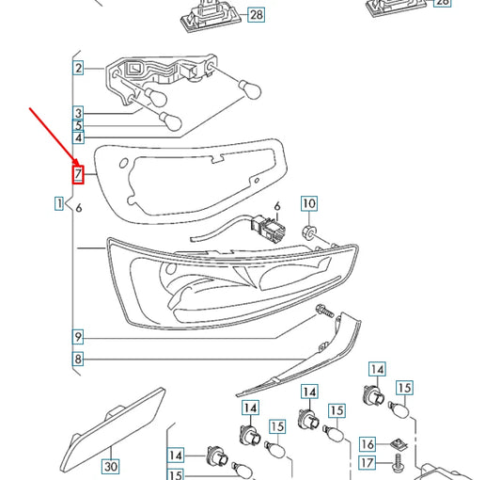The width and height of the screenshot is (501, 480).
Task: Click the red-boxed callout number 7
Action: point(79,173)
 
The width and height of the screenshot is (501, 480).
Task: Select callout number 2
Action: point(78,68)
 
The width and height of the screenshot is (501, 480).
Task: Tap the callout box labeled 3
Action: point(79,112)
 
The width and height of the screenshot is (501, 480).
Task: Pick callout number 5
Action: point(79,125)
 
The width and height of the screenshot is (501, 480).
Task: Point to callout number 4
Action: point(79,138)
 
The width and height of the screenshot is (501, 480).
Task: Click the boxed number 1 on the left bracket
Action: point(59,203)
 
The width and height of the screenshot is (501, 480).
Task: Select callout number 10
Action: point(309,203)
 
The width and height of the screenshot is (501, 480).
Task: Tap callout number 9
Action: point(79,336)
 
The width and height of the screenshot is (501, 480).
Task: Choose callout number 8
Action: point(79,359)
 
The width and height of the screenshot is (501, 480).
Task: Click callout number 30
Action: point(111,466)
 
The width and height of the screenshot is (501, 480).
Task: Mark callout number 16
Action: point(368,443)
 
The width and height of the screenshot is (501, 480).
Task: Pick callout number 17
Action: point(368,463)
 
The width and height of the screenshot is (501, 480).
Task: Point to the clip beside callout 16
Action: point(399,442)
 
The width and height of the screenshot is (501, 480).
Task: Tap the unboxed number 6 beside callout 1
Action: point(79,208)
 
